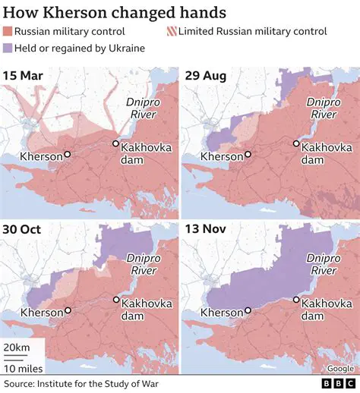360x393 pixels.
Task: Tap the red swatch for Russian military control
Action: tap(9, 32)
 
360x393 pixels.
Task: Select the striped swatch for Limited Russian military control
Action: tap(171, 32)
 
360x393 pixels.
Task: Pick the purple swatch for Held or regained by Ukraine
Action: tap(9, 49)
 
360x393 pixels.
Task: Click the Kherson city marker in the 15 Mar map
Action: tap(67, 154)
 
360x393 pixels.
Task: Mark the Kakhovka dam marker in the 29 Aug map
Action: tap(296, 143)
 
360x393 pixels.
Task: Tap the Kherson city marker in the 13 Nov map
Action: tap(248, 310)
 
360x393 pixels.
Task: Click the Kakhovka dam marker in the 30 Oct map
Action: tap(115, 299)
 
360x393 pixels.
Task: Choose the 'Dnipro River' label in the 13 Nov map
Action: tap(323, 263)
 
